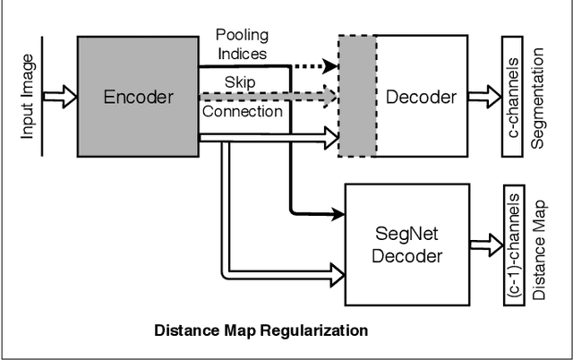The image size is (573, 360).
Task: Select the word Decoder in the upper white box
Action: coord(421,97)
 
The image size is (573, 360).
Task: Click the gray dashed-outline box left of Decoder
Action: coord(356,97)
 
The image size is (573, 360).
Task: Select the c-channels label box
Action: coord(511,97)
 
